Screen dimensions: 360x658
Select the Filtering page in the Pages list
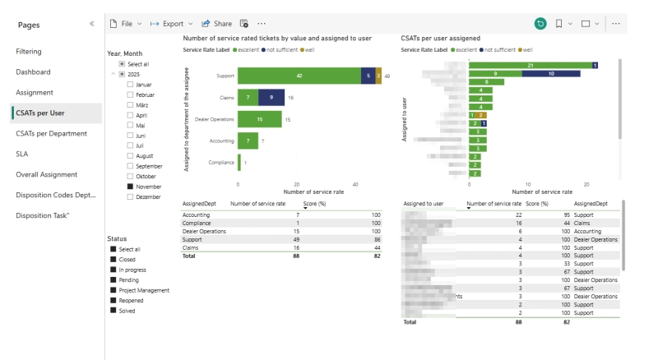[29, 51]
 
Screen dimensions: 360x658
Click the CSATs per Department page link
[51, 133]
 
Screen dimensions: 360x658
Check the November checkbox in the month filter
[130, 187]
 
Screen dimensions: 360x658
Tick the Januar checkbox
[130, 84]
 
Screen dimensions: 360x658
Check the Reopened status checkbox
[113, 301]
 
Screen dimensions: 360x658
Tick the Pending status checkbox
[113, 279]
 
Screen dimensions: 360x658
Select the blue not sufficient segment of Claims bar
[271, 97]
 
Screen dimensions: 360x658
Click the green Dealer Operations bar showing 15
[259, 119]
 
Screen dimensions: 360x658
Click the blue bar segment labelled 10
[551, 73]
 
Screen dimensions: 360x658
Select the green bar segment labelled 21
[531, 65]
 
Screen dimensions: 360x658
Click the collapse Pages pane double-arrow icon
[91, 24]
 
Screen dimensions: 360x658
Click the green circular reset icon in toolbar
[540, 24]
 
